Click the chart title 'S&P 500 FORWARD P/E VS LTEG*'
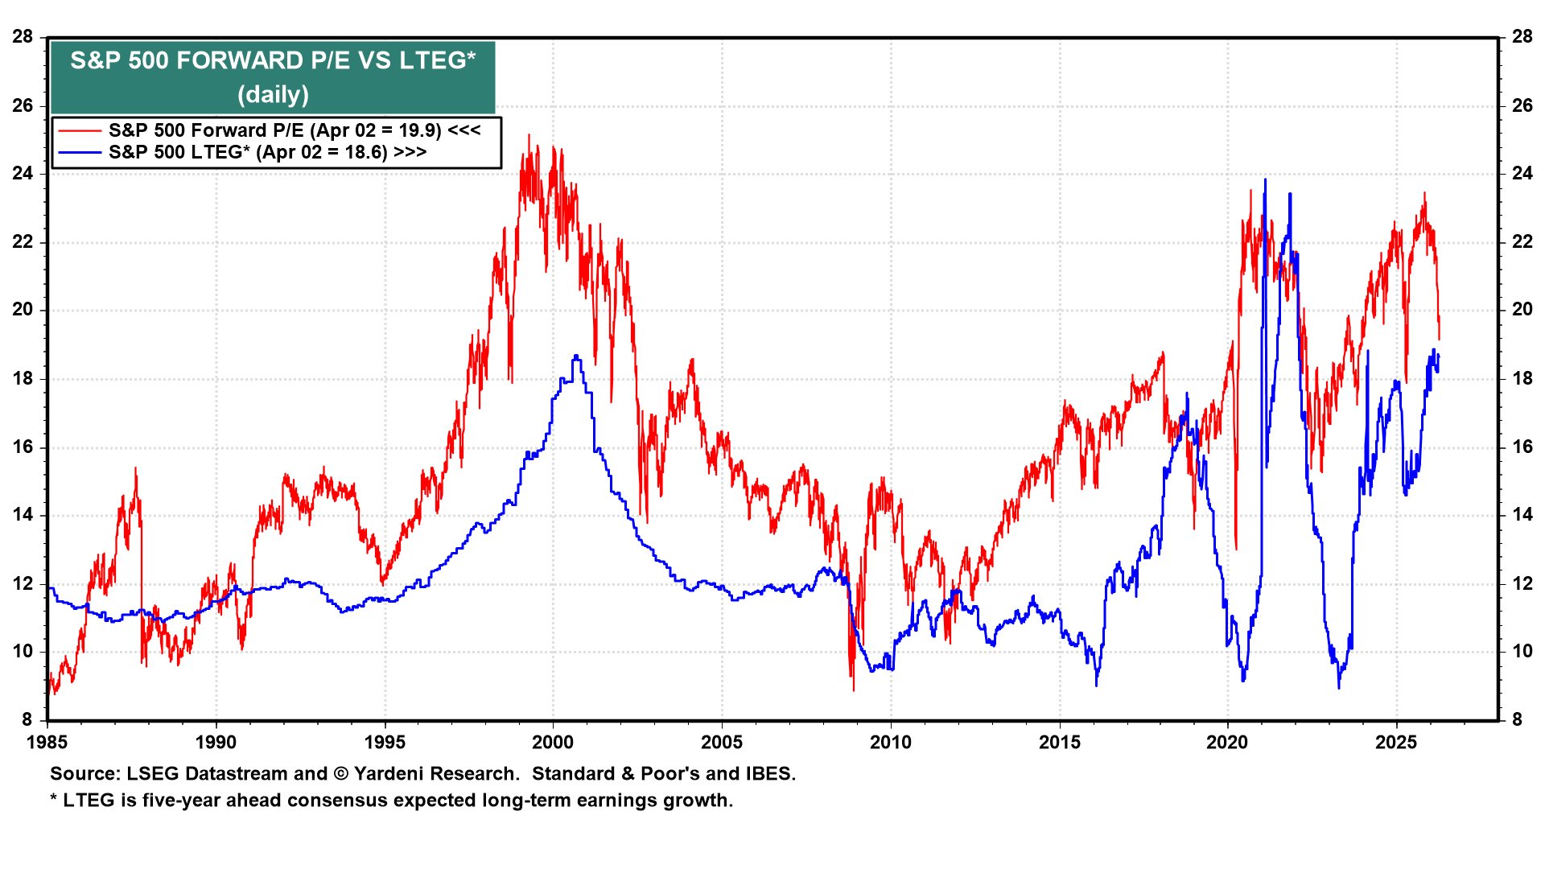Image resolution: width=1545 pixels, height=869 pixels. pyautogui.click(x=273, y=60)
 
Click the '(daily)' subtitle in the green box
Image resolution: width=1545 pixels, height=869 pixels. pyautogui.click(x=273, y=95)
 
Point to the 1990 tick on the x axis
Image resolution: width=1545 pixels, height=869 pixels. pyautogui.click(x=216, y=742)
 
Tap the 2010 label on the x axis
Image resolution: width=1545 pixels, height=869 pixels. pyautogui.click(x=891, y=742)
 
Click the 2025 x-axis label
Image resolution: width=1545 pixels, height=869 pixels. pyautogui.click(x=1396, y=742)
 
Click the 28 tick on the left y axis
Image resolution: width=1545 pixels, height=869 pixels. pyautogui.click(x=23, y=36)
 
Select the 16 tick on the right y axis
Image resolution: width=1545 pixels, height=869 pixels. pyautogui.click(x=1522, y=447)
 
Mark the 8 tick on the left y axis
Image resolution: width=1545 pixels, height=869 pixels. pyautogui.click(x=27, y=720)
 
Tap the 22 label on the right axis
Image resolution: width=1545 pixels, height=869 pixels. pyautogui.click(x=1522, y=242)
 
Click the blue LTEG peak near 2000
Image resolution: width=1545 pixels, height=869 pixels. pyautogui.click(x=575, y=356)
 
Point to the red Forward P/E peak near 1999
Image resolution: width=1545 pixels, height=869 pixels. pyautogui.click(x=529, y=135)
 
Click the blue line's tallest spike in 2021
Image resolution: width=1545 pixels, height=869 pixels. pyautogui.click(x=1265, y=179)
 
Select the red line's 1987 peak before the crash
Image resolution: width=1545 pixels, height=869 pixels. pyautogui.click(x=135, y=468)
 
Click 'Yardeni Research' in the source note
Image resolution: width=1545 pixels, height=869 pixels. pyautogui.click(x=435, y=774)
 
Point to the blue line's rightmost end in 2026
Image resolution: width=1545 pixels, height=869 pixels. pyautogui.click(x=1438, y=356)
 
